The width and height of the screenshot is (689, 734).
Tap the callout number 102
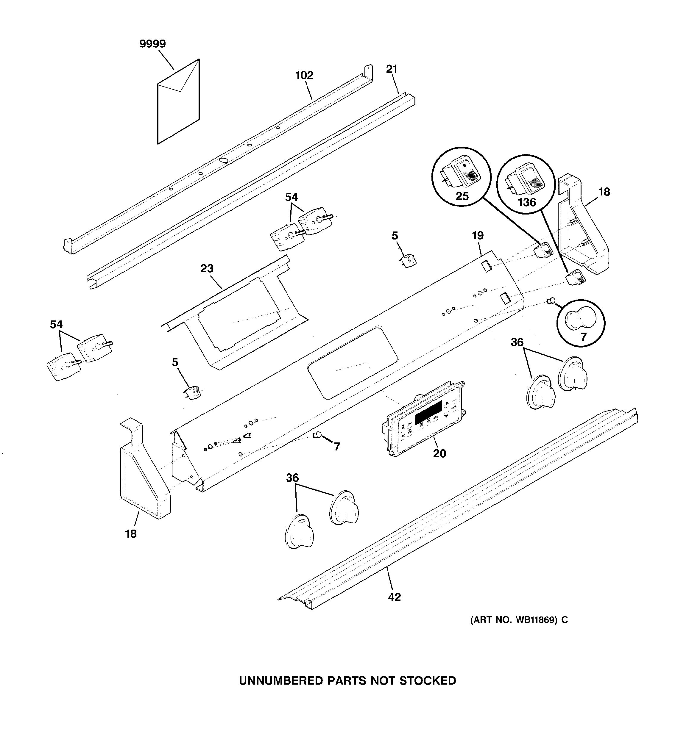[x=304, y=75]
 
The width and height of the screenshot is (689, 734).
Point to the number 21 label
[x=392, y=69]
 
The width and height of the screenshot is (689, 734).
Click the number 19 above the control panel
[x=478, y=236]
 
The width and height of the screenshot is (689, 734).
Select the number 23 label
[x=207, y=268]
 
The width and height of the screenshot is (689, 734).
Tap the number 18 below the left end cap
[x=131, y=534]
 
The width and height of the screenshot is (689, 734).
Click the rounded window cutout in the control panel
[x=352, y=362]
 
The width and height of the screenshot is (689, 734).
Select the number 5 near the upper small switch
[x=395, y=236]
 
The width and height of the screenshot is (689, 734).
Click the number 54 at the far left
[x=56, y=325]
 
